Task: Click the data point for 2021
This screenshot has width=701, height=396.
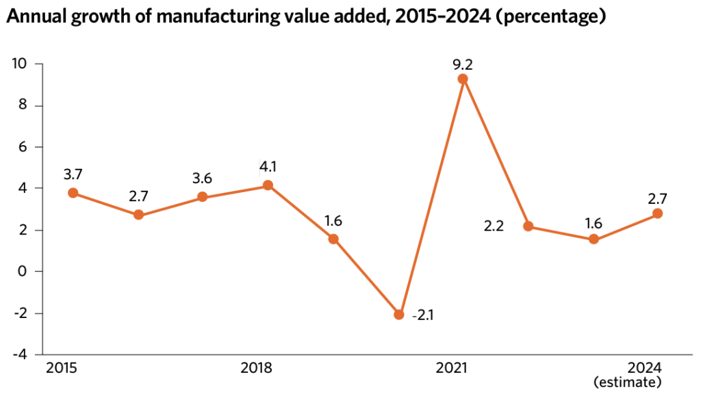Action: point(463,79)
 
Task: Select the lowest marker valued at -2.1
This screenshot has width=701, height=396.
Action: point(398,315)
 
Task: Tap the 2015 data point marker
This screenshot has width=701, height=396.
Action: point(73,193)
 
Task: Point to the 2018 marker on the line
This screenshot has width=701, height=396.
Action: point(268,185)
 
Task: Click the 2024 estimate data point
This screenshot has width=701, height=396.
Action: point(657,213)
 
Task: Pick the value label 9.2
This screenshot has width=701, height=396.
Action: point(463,65)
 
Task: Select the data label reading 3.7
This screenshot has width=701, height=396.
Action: point(73,174)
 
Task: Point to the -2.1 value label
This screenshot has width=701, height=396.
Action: point(424,315)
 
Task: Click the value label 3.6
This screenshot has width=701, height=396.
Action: point(203,179)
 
